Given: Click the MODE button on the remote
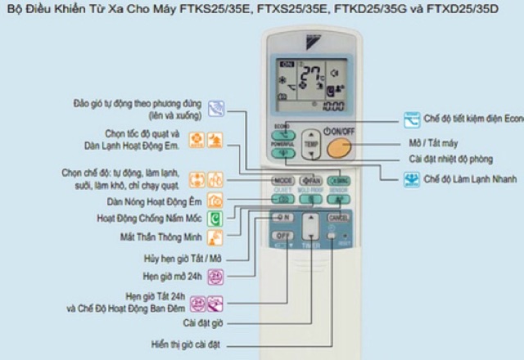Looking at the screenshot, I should [x=282, y=180].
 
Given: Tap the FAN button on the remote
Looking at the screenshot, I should [x=309, y=180].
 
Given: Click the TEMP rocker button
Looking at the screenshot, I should [x=309, y=143].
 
